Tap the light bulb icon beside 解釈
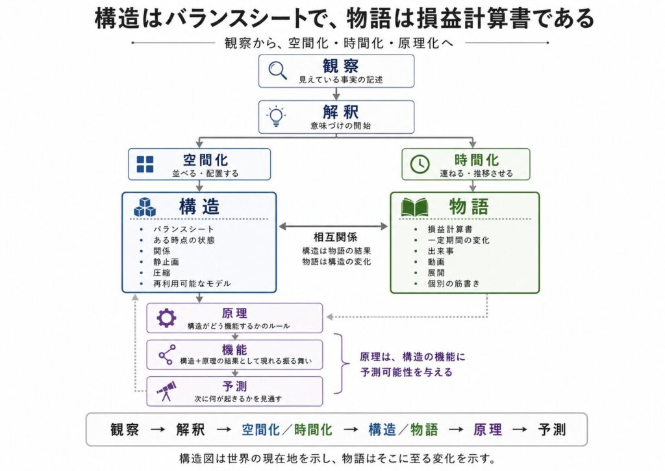276,116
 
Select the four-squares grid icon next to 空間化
145,164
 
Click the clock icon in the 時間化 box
420,164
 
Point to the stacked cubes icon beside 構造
145,207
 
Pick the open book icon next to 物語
414,207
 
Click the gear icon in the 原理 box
166,318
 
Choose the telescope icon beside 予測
166,391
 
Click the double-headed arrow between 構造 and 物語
333,227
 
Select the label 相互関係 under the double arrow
335,237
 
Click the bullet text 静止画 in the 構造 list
166,262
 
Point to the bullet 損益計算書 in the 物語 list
449,229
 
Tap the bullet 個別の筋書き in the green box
453,283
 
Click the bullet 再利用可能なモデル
192,283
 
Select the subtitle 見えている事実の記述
341,79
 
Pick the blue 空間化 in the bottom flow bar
260,429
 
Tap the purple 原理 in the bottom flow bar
488,429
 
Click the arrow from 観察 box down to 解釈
336,94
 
